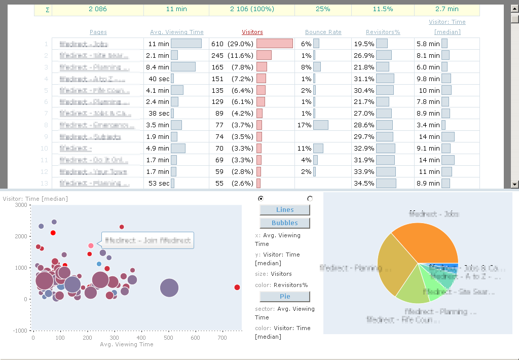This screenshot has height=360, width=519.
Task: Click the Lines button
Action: tap(285, 210)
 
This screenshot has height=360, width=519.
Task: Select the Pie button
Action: tap(285, 296)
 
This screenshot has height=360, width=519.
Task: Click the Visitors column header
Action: tap(252, 32)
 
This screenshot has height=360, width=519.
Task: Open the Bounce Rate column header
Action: tap(323, 32)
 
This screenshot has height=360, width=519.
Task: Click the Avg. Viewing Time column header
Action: tap(177, 32)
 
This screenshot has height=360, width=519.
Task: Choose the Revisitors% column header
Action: tap(383, 32)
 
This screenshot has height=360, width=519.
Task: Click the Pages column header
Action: tap(98, 32)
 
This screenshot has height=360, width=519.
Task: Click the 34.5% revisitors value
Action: tap(365, 184)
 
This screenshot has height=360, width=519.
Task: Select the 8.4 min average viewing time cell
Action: tap(158, 67)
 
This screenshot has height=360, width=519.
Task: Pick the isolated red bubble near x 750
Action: tap(237, 287)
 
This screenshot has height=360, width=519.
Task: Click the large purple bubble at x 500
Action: tap(169, 288)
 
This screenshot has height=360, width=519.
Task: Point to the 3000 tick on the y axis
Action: tap(20, 205)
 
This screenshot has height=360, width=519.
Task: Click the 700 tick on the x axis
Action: tap(222, 338)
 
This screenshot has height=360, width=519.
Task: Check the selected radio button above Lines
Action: tap(261, 198)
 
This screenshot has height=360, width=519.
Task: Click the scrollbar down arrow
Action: tap(514, 184)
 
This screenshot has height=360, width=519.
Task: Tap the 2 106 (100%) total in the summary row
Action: tap(252, 9)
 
